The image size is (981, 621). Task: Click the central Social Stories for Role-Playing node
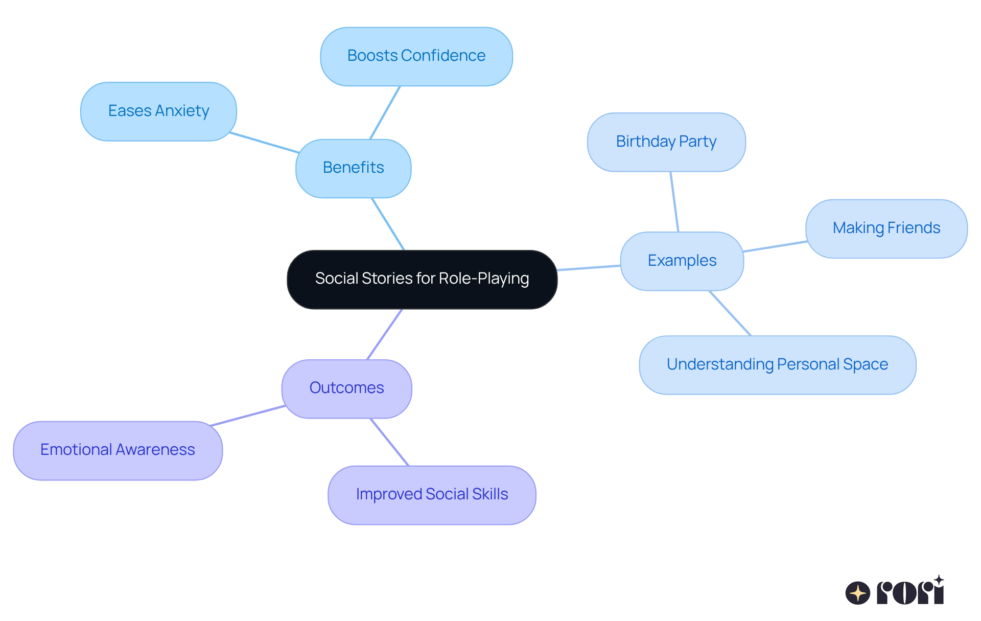[422, 280]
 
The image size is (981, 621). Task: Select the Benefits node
[353, 168]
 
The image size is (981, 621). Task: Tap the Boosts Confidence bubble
[416, 56]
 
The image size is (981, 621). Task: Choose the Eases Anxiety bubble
[158, 111]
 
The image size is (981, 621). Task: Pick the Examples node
[682, 261]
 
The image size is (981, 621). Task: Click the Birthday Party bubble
[666, 142]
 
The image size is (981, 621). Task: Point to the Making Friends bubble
[886, 228]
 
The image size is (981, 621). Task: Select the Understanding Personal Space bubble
[777, 365]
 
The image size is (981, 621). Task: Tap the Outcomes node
[346, 388]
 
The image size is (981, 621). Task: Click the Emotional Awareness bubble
[118, 450]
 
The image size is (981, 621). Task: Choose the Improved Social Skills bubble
[432, 495]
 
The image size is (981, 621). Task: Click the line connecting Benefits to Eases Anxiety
[264, 143]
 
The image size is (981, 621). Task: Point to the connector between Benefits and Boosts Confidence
[385, 112]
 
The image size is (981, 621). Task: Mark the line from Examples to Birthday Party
[674, 202]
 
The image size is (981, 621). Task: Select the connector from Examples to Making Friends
[775, 246]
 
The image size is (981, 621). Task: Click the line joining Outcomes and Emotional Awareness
[248, 416]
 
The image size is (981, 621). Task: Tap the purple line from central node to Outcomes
[384, 334]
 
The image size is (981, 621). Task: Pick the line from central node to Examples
[589, 268]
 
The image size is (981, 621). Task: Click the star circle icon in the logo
[857, 593]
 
